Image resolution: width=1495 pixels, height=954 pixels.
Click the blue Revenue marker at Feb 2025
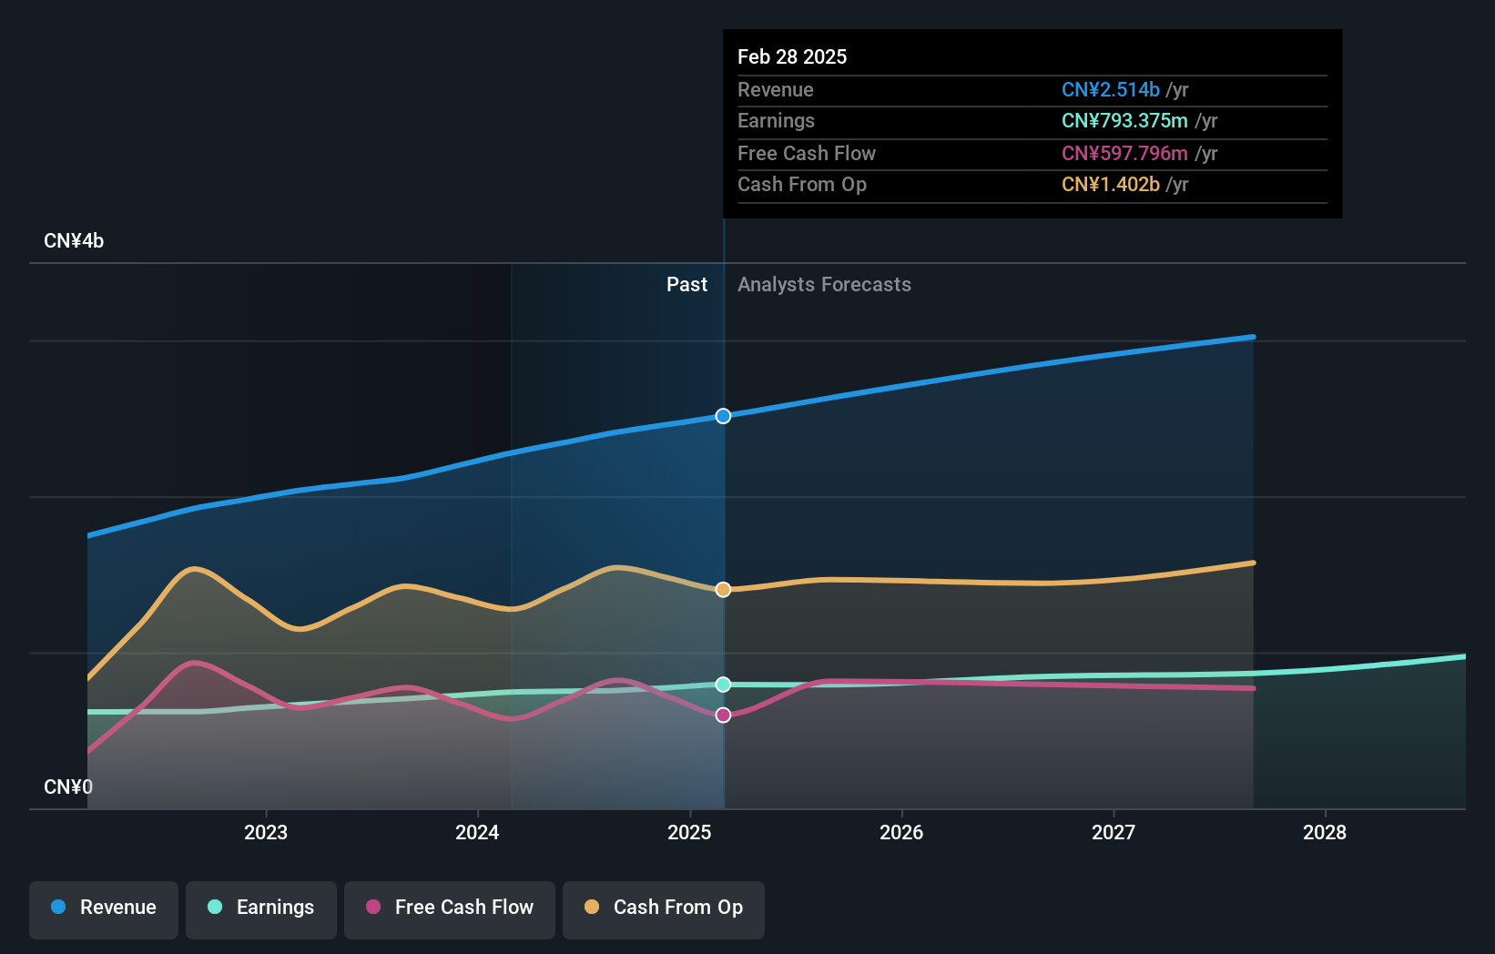[x=723, y=416]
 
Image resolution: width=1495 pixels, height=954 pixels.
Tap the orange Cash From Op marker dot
[x=723, y=590]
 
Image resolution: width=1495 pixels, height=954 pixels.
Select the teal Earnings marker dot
[x=723, y=685]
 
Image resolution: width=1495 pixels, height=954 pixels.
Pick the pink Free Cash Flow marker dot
[x=723, y=715]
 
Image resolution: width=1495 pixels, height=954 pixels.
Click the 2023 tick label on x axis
[x=266, y=832]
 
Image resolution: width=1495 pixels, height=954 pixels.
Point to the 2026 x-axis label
[x=901, y=832]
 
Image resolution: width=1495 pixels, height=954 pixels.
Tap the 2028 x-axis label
[x=1325, y=832]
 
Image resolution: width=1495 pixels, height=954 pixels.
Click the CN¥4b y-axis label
[x=74, y=241]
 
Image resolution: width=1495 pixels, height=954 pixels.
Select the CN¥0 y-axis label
[x=68, y=787]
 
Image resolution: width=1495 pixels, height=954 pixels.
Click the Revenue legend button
[x=104, y=908]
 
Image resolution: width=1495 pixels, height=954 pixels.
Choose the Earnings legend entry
[x=261, y=908]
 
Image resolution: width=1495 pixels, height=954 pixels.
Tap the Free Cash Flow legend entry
[x=450, y=908]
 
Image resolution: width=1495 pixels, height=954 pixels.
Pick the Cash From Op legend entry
[x=664, y=908]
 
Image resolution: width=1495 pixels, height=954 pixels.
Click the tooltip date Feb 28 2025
[x=792, y=56]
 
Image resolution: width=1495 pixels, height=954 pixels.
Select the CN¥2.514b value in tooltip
[x=1110, y=90]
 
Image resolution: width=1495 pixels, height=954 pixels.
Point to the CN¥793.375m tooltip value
[x=1124, y=121]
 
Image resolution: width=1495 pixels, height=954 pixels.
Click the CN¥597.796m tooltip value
[x=1124, y=154]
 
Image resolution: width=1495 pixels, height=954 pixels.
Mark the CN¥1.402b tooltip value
[x=1110, y=185]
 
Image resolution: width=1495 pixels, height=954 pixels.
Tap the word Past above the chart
[x=686, y=285]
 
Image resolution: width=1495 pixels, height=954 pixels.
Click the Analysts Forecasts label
[x=824, y=285]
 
